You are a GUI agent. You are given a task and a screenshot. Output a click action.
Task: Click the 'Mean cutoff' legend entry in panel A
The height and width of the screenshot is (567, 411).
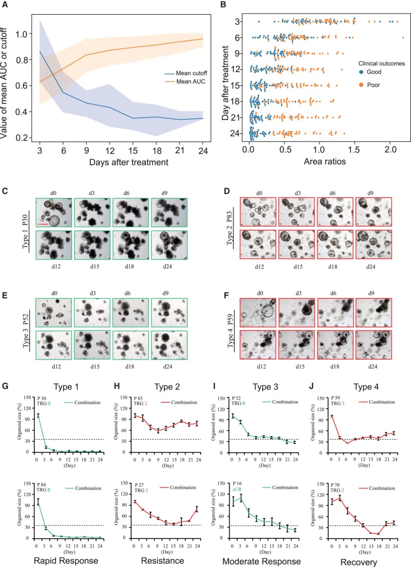191,73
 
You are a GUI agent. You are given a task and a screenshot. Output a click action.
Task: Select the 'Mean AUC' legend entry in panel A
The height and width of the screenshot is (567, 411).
190,82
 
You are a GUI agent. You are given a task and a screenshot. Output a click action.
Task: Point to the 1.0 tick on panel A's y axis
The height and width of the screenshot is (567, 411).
21,34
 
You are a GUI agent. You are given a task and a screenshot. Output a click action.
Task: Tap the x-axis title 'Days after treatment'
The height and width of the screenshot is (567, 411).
129,162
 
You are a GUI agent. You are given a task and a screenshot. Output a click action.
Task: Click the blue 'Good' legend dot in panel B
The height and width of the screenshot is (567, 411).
361,72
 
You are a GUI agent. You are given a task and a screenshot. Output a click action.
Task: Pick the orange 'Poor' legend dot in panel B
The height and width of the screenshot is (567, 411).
361,85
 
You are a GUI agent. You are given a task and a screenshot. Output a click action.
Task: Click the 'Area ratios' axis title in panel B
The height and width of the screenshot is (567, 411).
325,162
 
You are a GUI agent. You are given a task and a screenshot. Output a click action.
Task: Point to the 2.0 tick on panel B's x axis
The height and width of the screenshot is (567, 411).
390,150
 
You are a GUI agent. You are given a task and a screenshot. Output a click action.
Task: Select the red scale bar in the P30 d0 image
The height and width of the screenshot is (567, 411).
43,224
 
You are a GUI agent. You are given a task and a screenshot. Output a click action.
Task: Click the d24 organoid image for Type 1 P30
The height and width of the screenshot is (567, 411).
169,245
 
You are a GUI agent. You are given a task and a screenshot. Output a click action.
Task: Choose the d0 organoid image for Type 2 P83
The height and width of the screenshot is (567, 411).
258,212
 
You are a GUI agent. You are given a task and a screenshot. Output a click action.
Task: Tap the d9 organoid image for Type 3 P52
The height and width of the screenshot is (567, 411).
169,312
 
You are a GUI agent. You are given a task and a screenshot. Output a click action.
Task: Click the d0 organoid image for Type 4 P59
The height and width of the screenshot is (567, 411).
258,312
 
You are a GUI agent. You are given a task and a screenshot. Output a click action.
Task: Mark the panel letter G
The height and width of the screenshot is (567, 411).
5,386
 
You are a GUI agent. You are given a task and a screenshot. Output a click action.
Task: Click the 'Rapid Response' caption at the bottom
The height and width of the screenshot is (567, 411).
66,561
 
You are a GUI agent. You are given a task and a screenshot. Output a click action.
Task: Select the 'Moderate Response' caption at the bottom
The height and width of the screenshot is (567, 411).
261,561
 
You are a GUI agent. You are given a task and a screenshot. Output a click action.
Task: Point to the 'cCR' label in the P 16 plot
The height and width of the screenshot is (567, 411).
237,489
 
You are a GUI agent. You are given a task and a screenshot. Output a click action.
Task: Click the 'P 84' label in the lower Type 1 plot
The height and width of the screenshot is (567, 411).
41,485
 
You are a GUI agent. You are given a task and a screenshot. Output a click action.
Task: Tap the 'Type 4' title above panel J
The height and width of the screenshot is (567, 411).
366,387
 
